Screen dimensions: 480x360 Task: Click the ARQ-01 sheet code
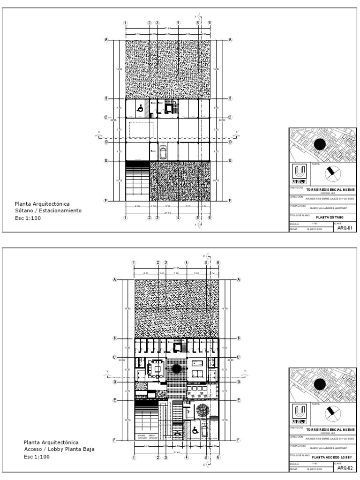click(x=345, y=228)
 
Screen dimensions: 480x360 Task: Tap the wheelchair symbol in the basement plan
click(x=140, y=108)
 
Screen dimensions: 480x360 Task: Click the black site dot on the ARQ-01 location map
click(x=321, y=144)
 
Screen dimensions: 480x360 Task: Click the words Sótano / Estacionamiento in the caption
click(x=48, y=211)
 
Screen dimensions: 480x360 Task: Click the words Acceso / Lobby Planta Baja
click(x=59, y=449)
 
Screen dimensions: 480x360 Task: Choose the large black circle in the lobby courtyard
click(x=176, y=368)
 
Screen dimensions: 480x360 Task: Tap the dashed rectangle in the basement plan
click(x=141, y=130)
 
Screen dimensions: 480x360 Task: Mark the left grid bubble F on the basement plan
click(x=106, y=201)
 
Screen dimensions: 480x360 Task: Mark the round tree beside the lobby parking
click(x=203, y=409)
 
